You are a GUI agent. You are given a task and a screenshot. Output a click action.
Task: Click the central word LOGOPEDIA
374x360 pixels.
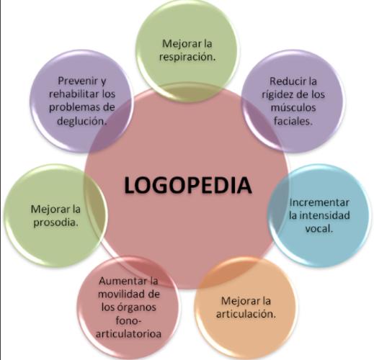(x=188, y=185)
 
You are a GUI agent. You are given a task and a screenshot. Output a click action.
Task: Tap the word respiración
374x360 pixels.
(x=187, y=58)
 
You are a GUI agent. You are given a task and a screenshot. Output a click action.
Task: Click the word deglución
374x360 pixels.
(x=81, y=121)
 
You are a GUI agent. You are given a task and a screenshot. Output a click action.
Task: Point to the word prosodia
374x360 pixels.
(x=56, y=222)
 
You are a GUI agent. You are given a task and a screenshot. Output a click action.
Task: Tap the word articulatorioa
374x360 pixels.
(x=128, y=333)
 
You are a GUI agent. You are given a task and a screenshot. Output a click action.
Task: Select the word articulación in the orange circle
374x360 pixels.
(x=246, y=314)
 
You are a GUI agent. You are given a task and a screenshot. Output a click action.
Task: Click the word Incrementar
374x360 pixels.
(x=319, y=202)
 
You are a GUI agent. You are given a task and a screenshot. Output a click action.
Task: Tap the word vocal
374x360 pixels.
(x=319, y=228)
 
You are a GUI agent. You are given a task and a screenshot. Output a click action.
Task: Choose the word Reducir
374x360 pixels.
(x=285, y=81)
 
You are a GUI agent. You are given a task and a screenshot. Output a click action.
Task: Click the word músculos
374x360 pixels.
(x=293, y=107)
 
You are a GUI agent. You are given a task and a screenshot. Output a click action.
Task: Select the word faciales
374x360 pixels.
(x=293, y=121)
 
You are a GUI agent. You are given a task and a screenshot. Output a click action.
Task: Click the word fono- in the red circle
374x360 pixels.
(x=128, y=320)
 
